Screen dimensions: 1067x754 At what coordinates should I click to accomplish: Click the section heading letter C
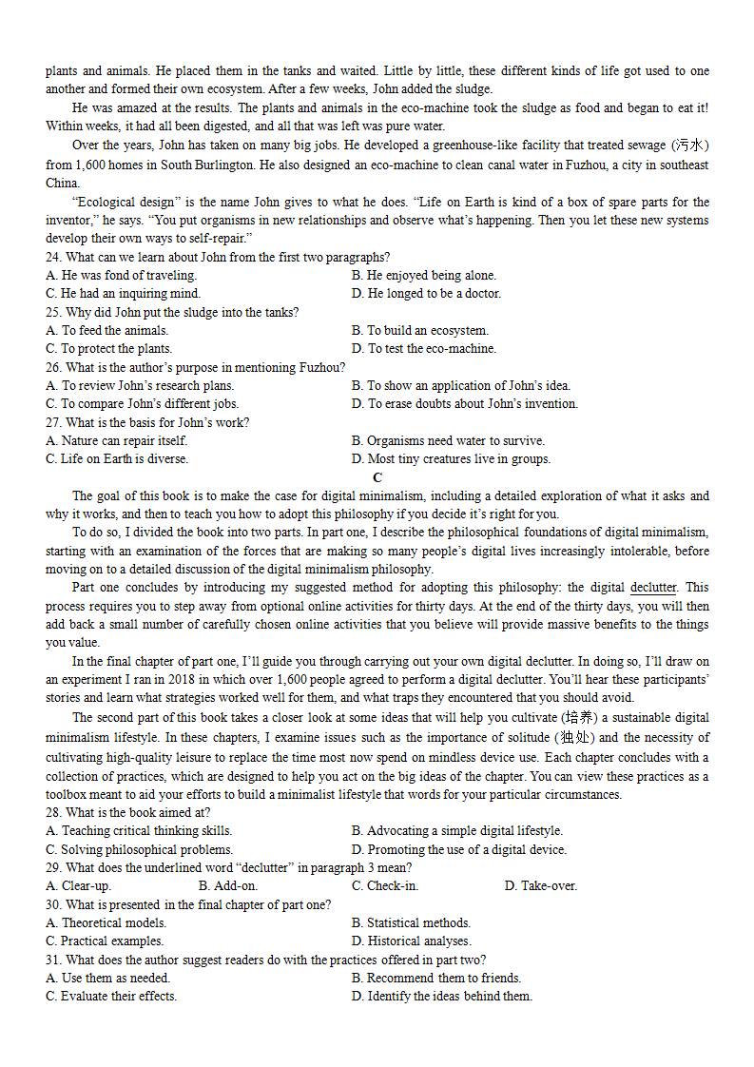[x=377, y=477]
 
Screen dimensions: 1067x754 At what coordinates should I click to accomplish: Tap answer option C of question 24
[x=123, y=294]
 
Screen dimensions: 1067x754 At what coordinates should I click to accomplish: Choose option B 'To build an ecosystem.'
[x=419, y=330]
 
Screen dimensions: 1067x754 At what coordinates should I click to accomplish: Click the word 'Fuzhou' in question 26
[x=320, y=367]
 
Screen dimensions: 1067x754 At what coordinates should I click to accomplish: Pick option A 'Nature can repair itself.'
[x=117, y=440]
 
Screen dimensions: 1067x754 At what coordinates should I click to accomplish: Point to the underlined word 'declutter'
[x=653, y=588]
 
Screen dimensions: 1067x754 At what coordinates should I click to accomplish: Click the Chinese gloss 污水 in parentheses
[x=690, y=145]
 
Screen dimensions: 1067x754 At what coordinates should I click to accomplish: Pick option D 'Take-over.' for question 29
[x=540, y=885]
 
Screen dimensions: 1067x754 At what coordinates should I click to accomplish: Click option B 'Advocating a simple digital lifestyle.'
[x=456, y=830]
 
